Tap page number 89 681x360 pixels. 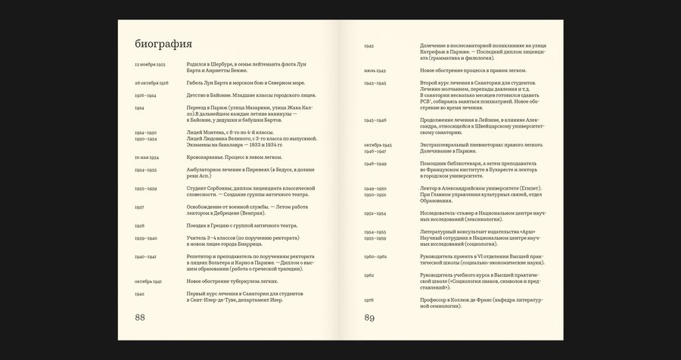pyautogui.click(x=370, y=317)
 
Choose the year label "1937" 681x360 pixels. pyautogui.click(x=139, y=206)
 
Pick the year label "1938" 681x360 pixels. pyautogui.click(x=139, y=225)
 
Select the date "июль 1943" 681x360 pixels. pyautogui.click(x=375, y=70)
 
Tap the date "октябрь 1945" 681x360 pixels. pyautogui.click(x=378, y=144)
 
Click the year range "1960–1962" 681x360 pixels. pyautogui.click(x=375, y=256)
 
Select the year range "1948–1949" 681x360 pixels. pyautogui.click(x=375, y=163)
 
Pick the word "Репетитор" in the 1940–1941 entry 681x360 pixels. pyautogui.click(x=201, y=256)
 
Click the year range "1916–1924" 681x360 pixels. pyautogui.click(x=146, y=95)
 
